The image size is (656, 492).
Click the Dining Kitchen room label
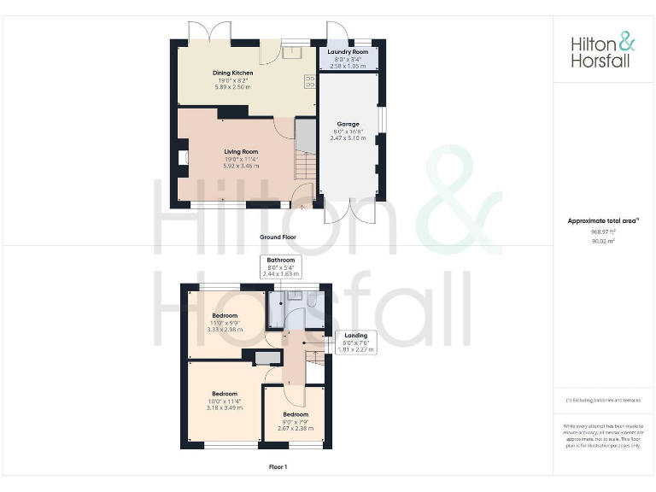coord(232,73)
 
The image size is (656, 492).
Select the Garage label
coord(348,124)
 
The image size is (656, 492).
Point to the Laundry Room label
coord(348,52)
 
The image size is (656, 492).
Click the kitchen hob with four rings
coord(308,83)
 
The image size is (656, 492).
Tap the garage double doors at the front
coord(349,212)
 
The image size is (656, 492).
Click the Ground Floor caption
coord(278,237)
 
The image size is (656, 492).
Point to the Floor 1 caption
coord(278,467)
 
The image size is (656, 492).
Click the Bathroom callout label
coord(280,260)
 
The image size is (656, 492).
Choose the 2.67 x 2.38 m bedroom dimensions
coord(296,428)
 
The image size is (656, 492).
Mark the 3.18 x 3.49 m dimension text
coord(225,407)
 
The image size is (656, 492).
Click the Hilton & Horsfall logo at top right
coord(603,50)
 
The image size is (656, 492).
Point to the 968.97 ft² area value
coord(602,231)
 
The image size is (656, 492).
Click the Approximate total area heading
coord(602,221)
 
